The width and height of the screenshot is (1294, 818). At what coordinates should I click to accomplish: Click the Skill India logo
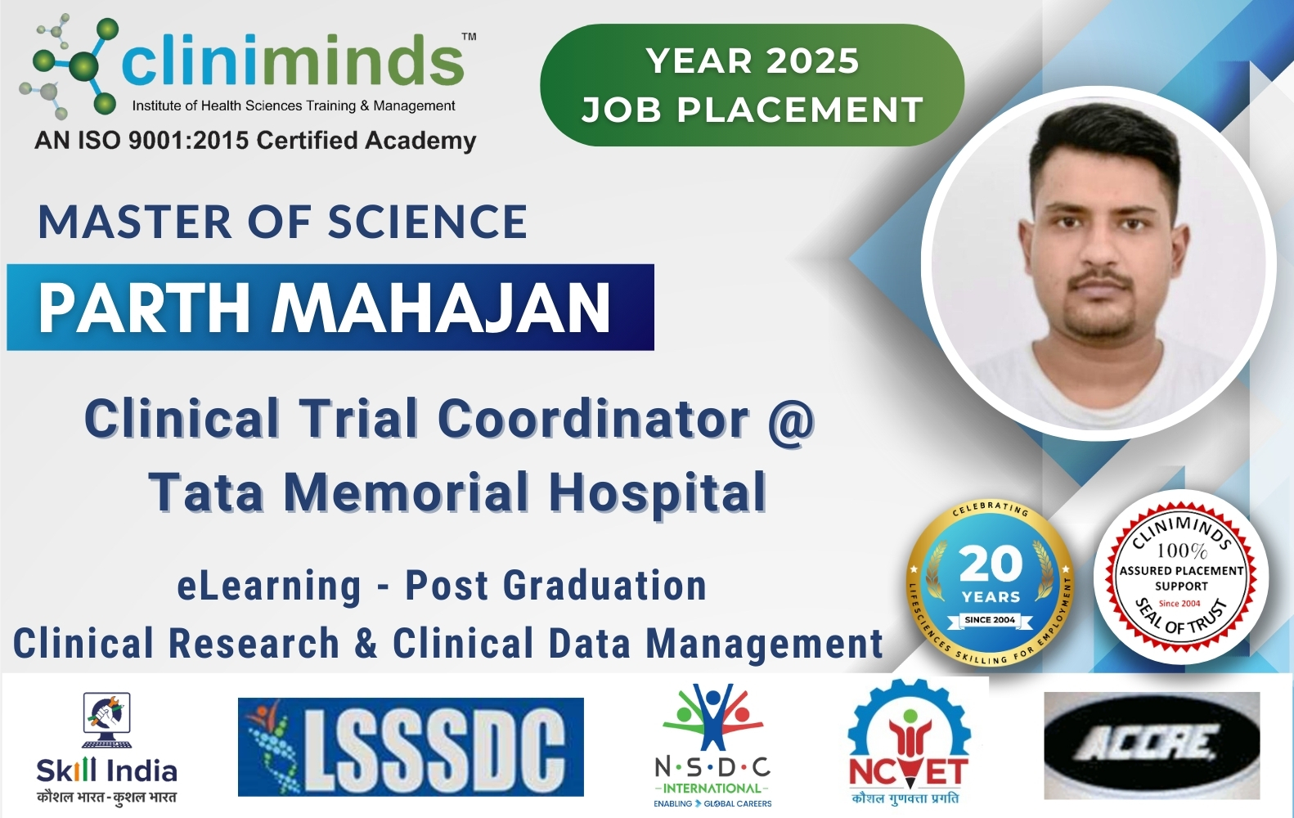pos(106,748)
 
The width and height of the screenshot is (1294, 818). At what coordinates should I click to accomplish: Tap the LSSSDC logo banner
pos(411,746)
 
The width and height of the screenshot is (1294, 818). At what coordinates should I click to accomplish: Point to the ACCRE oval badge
pos(1151,745)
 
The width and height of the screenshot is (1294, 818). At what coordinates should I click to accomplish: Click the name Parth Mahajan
pos(325,308)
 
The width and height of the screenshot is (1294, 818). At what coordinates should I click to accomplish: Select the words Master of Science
pos(282,222)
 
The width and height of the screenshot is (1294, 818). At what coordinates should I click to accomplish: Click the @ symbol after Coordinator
pos(790,420)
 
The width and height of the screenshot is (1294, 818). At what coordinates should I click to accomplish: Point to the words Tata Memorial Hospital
pos(458,492)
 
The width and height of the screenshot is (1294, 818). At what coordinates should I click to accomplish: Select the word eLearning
pos(269,586)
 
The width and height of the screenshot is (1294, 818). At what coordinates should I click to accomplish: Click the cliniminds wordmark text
pos(293,61)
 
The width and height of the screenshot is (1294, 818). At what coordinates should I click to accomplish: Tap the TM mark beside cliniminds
pos(469,37)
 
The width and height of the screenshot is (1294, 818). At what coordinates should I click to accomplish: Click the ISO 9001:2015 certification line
pos(255,141)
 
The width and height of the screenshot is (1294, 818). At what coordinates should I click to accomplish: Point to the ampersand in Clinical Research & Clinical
pos(366,643)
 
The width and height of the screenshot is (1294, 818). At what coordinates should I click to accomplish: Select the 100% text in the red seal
pos(1181,551)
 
